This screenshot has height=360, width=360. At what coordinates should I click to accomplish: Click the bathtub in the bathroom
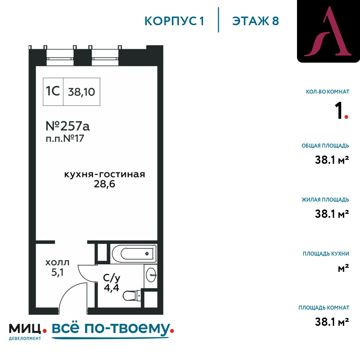point(134,254)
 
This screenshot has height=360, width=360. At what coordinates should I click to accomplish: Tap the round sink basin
point(151,275)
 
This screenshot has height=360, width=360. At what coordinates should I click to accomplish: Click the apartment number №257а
point(68,126)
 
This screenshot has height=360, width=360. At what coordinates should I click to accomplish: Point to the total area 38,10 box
point(81,92)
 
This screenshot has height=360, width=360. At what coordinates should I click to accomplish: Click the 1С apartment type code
point(53,91)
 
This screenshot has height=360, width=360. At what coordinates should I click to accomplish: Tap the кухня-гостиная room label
point(104,175)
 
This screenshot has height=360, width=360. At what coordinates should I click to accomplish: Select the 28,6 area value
point(104,184)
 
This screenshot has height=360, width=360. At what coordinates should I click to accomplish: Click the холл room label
point(57,262)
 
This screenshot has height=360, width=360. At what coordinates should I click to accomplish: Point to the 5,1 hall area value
point(57,272)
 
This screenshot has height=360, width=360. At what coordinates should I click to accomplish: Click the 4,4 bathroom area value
point(112,288)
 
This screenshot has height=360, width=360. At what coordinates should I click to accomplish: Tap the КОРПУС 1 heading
point(174,21)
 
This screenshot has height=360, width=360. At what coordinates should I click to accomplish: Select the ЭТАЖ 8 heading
point(256,21)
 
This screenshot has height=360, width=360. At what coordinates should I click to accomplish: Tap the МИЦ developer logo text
point(25,329)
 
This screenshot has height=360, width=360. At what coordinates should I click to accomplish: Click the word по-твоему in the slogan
point(127,329)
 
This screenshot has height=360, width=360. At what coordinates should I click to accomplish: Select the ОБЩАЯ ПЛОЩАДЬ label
point(325,146)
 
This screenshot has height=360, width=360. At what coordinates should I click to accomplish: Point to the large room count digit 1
point(339,111)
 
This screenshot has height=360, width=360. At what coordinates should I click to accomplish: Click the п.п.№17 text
point(65,139)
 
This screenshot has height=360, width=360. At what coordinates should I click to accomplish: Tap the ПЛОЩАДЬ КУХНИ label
point(326,254)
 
